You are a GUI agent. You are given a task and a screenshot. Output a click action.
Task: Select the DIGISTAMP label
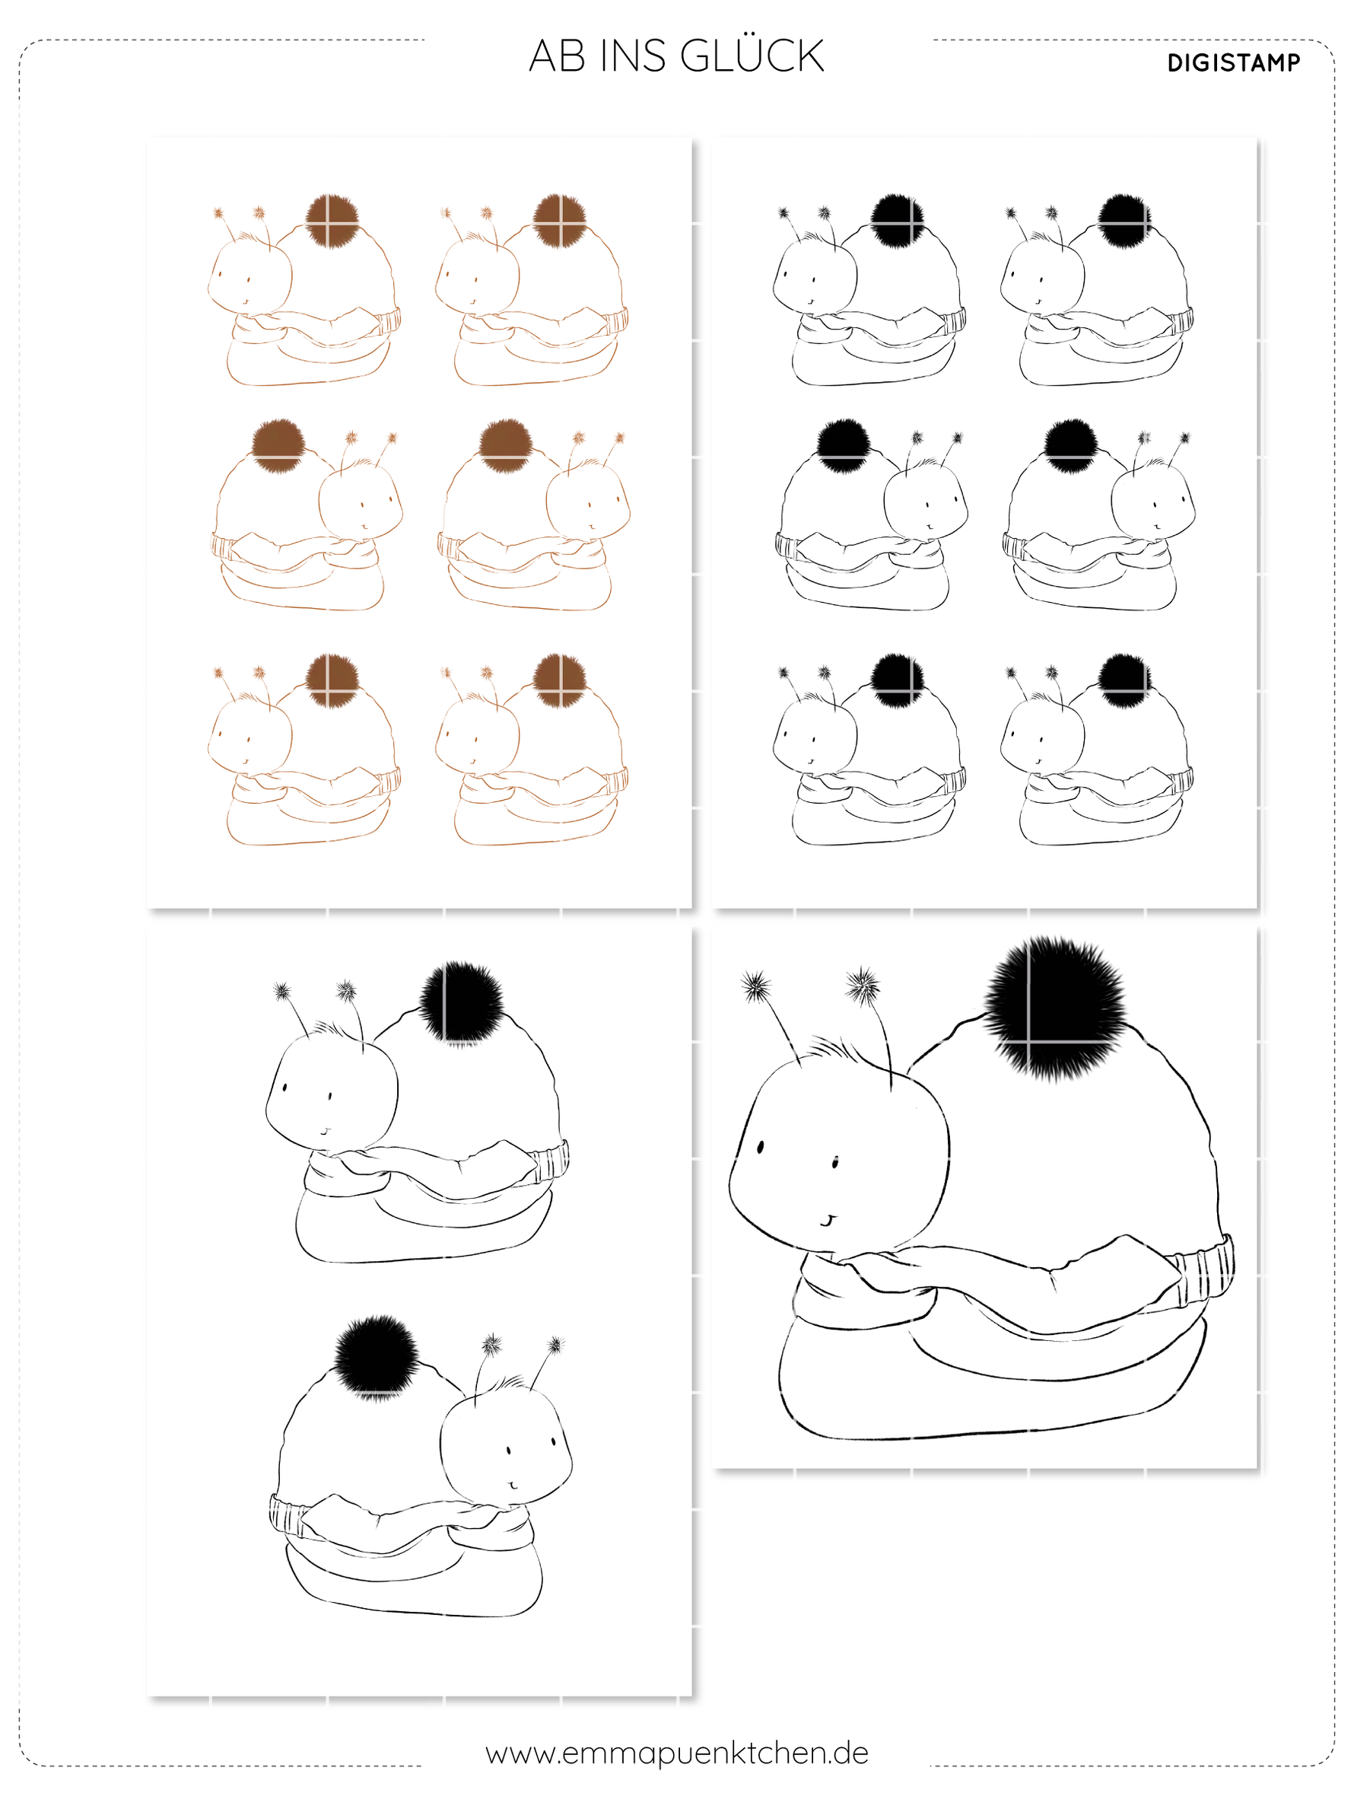click(x=1233, y=63)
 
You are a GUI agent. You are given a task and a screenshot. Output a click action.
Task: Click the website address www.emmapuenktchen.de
click(x=676, y=1753)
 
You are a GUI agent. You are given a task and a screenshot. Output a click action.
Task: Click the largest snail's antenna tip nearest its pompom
click(x=863, y=986)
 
